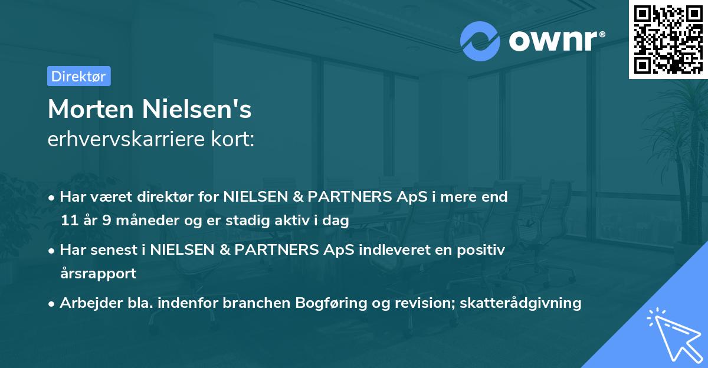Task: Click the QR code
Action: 668,39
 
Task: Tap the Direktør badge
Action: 78,76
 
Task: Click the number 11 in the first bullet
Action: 70,221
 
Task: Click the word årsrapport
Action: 98,274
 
